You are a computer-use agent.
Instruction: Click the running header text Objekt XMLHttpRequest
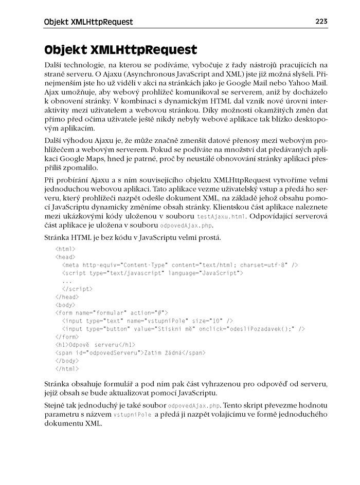click(88, 22)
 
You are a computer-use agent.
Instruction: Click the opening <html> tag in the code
click(65, 249)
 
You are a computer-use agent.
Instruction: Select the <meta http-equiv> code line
click(179, 265)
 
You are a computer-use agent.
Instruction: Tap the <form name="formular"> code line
click(112, 312)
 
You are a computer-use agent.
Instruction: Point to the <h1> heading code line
click(95, 344)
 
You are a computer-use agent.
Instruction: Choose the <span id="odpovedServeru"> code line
click(130, 353)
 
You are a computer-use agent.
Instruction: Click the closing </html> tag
click(67, 369)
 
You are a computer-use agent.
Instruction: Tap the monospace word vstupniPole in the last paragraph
click(132, 415)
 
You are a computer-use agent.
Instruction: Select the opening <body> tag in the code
click(65, 305)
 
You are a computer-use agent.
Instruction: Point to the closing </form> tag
click(67, 337)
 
